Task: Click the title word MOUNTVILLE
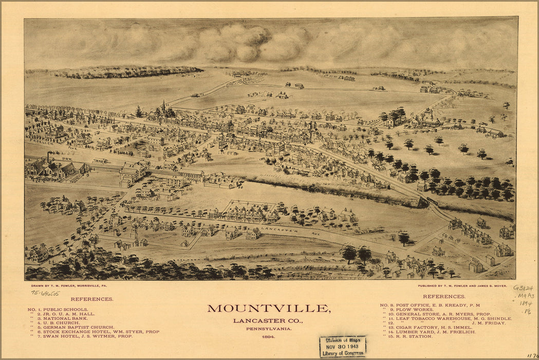269,309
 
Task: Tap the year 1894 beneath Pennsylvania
268,337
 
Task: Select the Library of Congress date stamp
342,347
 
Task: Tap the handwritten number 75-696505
45,293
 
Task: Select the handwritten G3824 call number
523,288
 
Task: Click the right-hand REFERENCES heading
444,297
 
